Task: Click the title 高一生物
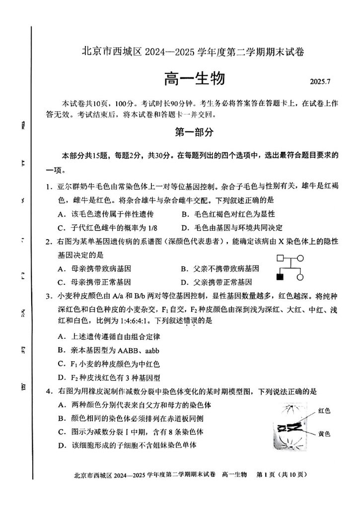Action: [x=194, y=79]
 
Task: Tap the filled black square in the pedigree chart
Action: [x=281, y=277]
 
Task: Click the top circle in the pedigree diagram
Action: [x=300, y=258]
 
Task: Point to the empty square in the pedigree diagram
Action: [x=280, y=258]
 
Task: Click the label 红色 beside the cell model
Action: [x=324, y=410]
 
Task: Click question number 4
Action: [x=49, y=391]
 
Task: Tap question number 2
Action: [x=49, y=242]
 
